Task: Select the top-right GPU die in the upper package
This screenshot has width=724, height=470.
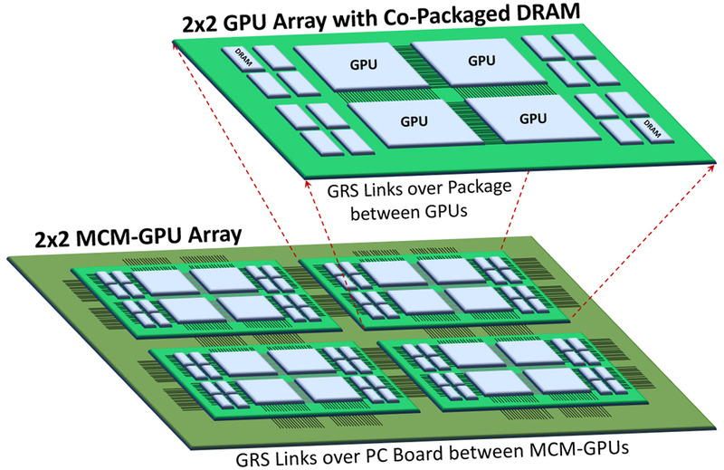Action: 480,62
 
